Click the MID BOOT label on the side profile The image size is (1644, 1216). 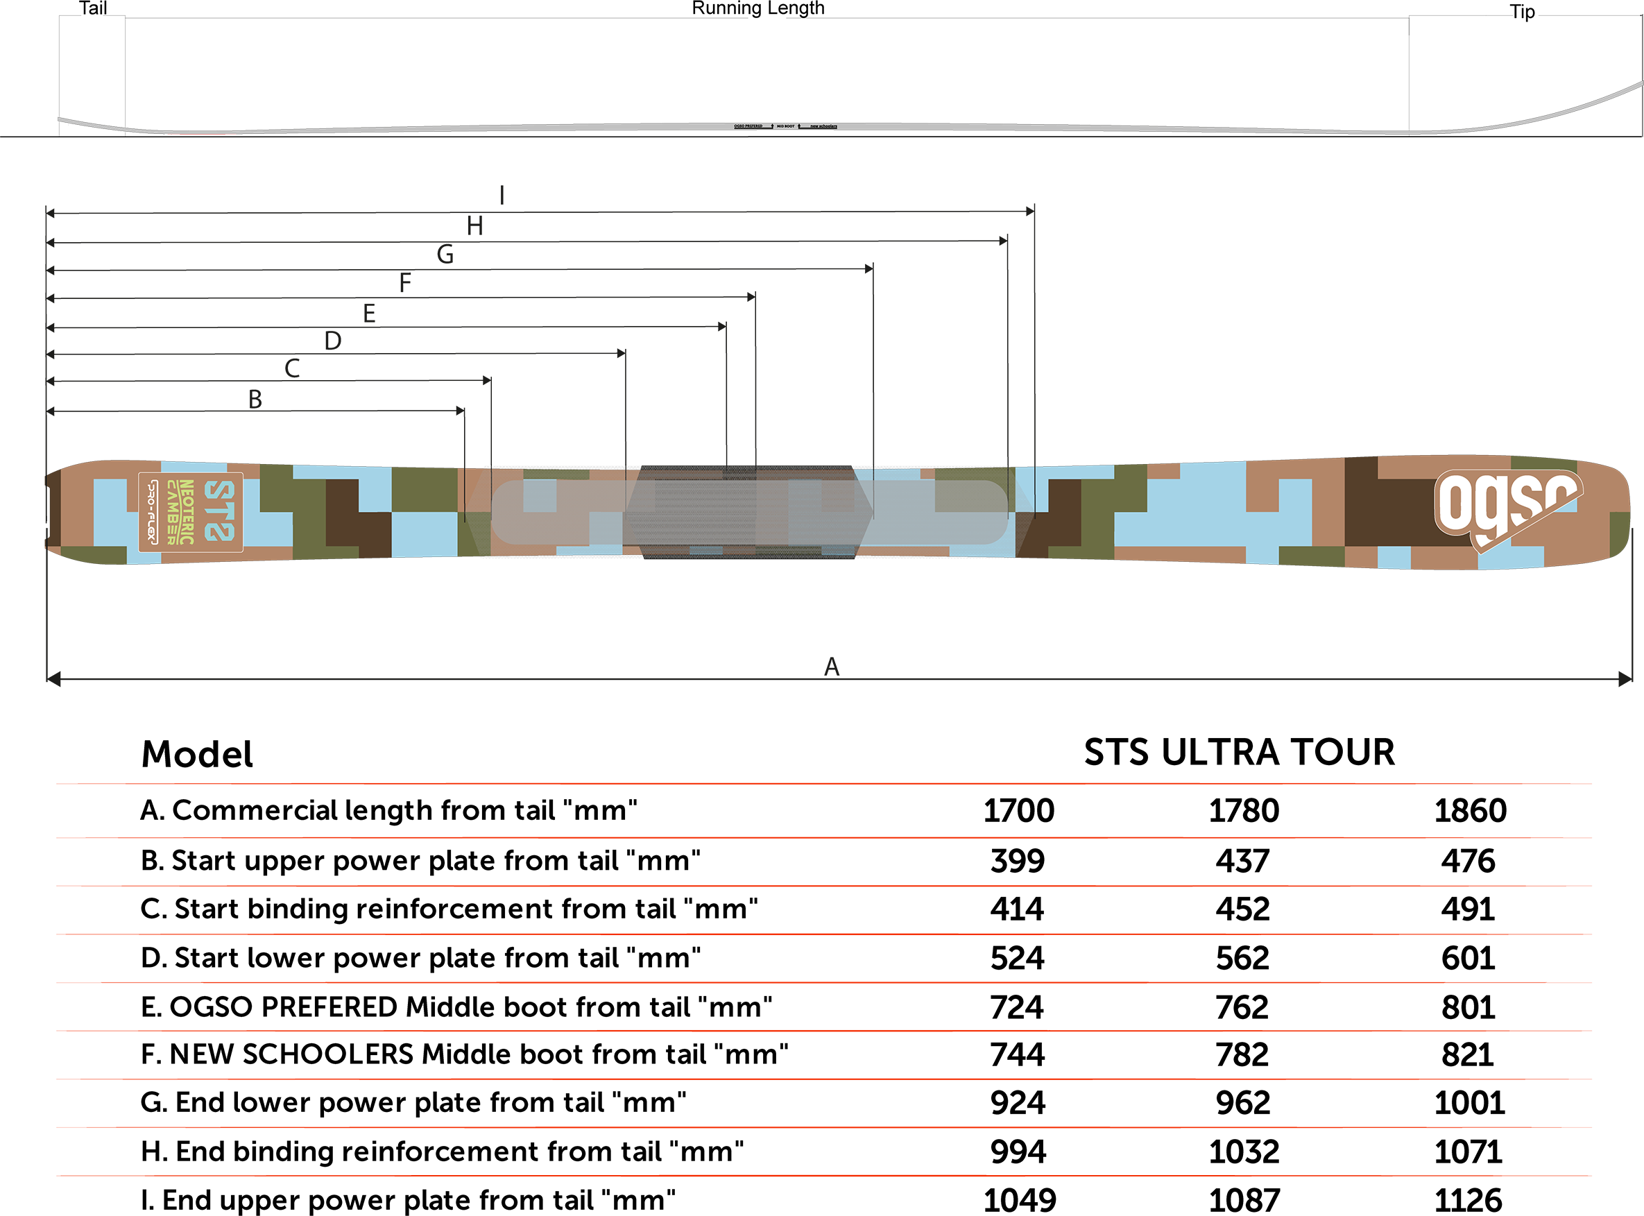(x=785, y=127)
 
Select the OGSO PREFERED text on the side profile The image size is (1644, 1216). (x=748, y=127)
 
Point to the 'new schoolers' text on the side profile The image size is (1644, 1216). (x=823, y=127)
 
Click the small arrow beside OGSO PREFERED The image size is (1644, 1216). (x=771, y=127)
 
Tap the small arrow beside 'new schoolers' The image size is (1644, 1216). (x=800, y=127)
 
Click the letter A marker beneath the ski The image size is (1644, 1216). (x=832, y=666)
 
